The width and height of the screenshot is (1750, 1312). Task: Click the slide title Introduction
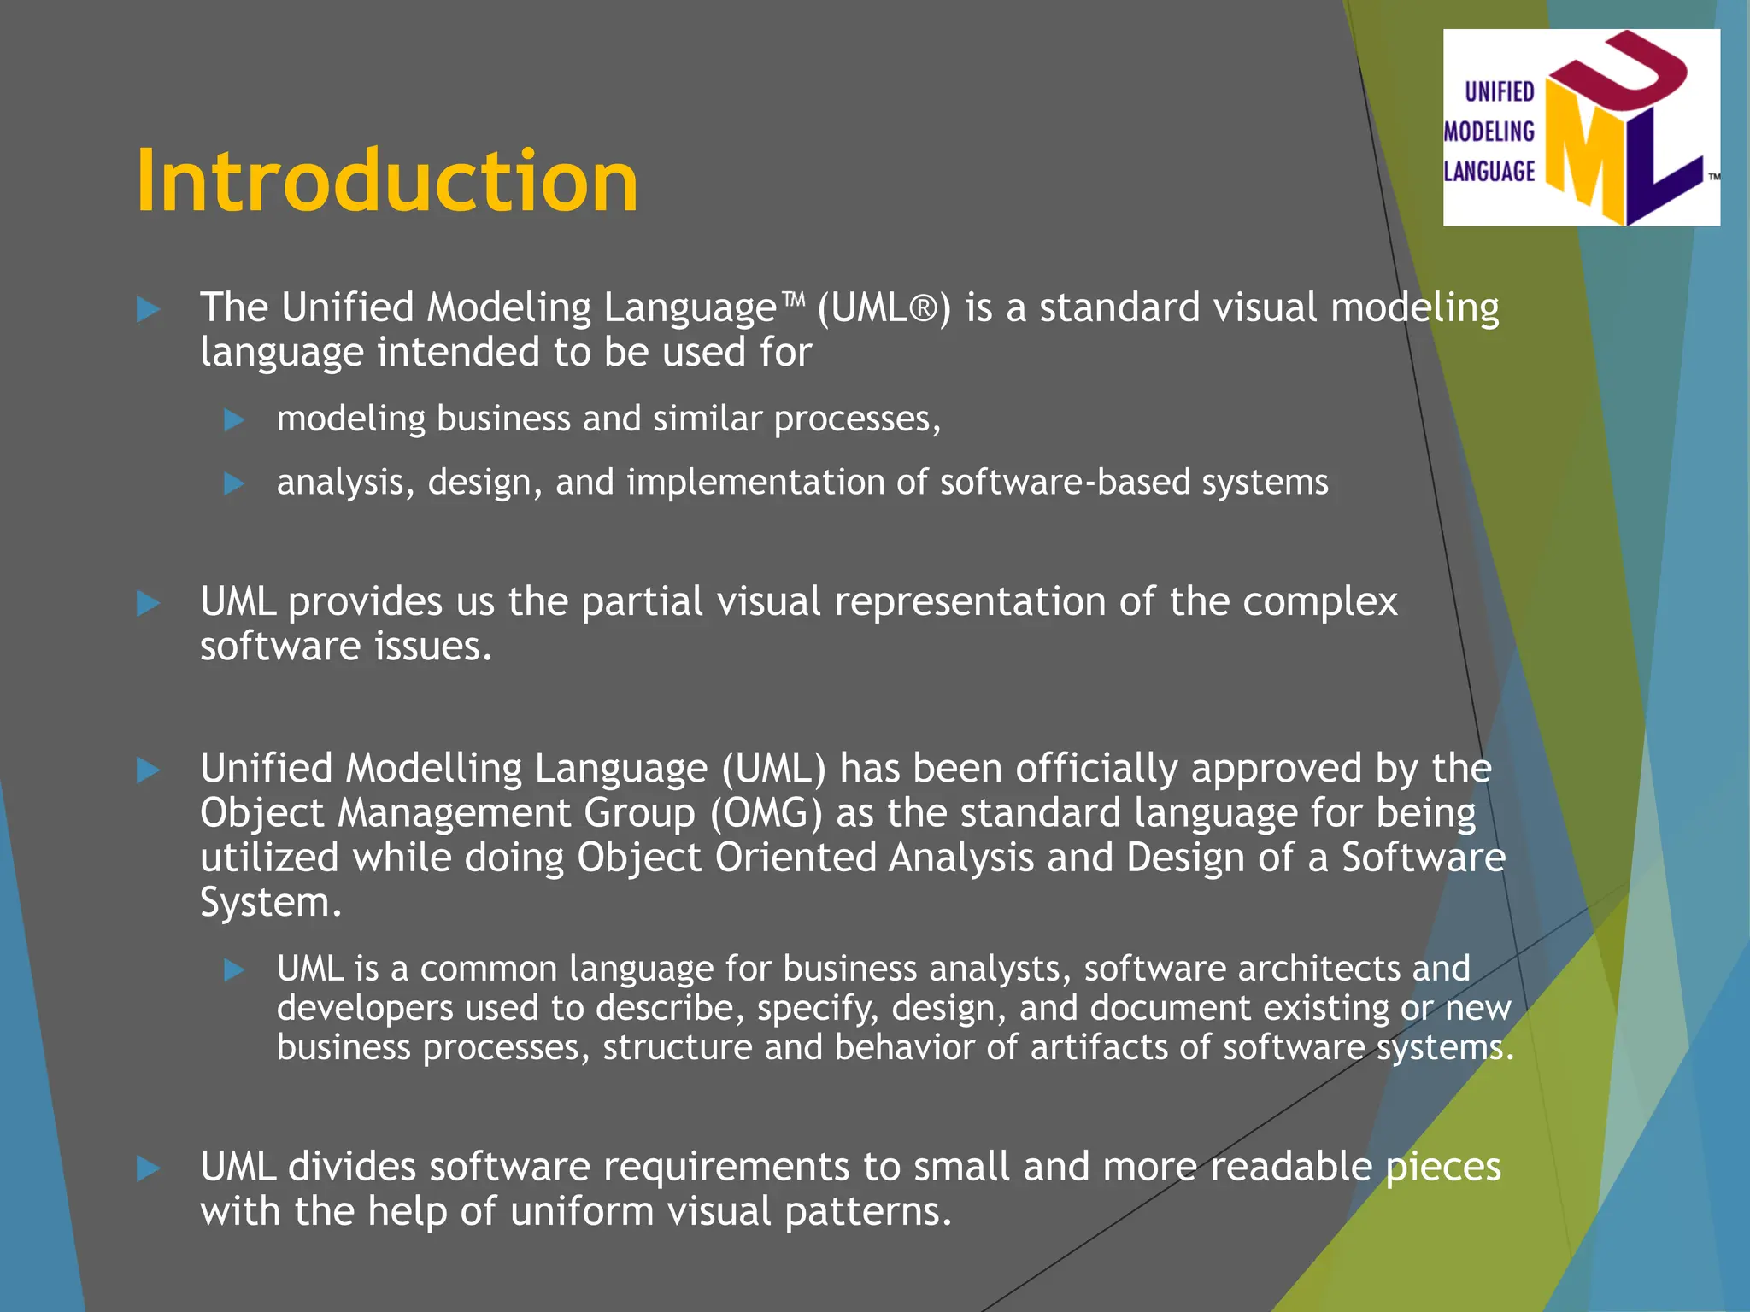coord(387,181)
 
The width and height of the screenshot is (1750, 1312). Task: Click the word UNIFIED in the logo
coord(1500,91)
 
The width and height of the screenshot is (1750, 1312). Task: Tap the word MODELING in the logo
coord(1489,132)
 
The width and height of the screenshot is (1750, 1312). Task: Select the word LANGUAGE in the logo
coord(1489,172)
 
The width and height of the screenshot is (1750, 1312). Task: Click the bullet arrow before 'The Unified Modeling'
coord(149,309)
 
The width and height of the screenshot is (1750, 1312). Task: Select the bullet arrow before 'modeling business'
coord(234,420)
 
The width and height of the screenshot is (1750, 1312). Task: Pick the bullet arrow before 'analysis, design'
coord(234,484)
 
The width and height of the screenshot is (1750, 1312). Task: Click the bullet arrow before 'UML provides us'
coord(149,604)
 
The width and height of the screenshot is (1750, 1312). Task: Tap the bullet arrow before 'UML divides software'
coord(149,1168)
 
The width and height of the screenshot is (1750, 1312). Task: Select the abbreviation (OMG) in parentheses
coord(766,813)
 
